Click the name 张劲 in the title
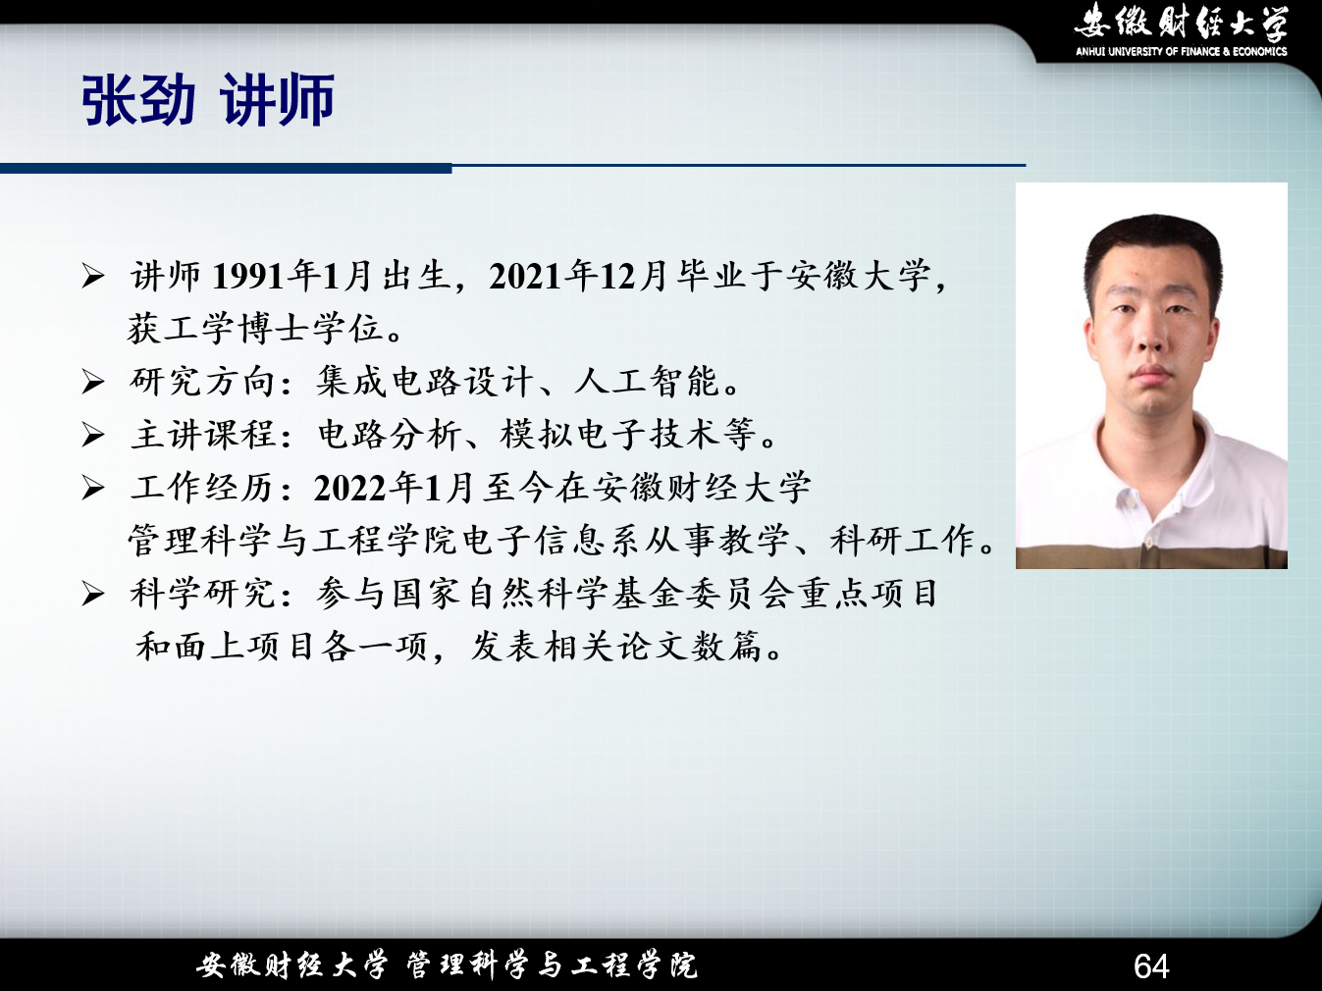click(139, 100)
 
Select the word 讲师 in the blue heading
click(277, 100)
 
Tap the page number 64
click(1151, 966)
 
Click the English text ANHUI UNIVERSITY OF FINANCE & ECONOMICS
click(1181, 52)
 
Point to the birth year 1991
click(248, 277)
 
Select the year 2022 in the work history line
click(350, 489)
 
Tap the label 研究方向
click(202, 382)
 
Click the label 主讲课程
click(202, 435)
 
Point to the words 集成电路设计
click(425, 382)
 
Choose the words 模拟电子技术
click(609, 435)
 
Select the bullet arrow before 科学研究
click(93, 595)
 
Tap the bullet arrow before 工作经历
click(93, 489)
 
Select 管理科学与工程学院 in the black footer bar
click(552, 965)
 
